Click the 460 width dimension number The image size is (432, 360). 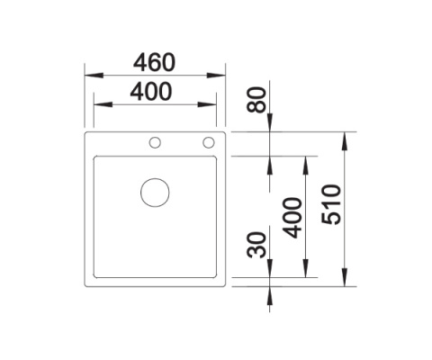(154, 62)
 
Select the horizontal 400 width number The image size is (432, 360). (154, 91)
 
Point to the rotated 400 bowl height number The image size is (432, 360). (290, 216)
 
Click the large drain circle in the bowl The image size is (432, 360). (155, 193)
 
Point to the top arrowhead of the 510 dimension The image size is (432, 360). (346, 138)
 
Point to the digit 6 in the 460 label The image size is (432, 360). (154, 62)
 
